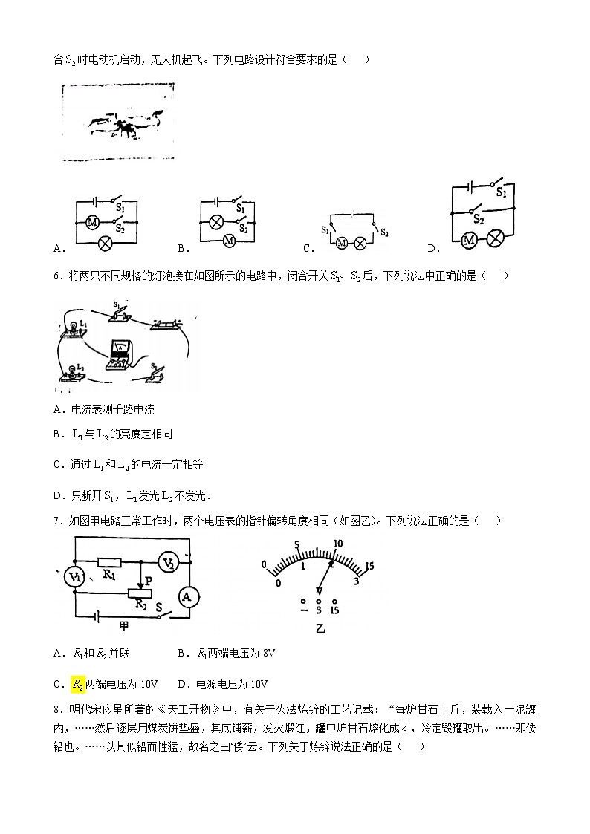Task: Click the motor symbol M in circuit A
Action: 93,221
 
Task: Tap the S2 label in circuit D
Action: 479,221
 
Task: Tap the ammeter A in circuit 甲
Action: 187,596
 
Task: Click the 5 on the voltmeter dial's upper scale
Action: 297,544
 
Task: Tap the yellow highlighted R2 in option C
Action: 77,684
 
